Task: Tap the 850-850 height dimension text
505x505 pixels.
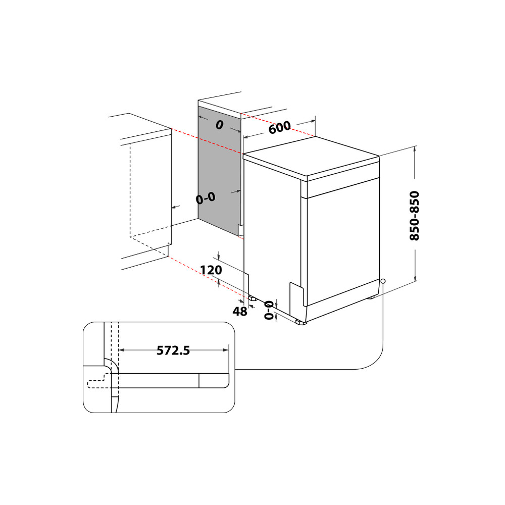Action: point(415,215)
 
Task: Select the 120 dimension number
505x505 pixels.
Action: point(211,270)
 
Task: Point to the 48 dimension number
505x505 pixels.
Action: point(240,312)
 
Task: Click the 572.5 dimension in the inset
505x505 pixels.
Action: point(173,350)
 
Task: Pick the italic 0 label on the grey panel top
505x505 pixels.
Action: point(219,125)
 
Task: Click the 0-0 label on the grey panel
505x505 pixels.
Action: point(206,198)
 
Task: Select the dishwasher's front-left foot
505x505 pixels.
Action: point(300,321)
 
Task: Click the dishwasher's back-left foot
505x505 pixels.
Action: point(252,297)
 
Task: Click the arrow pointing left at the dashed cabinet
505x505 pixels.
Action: point(174,207)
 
